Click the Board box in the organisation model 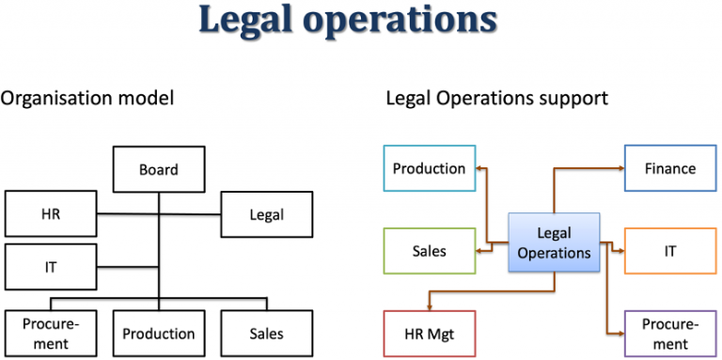(159, 170)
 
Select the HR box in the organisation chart (50, 214)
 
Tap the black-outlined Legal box (266, 214)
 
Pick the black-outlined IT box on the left (50, 267)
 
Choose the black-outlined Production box (159, 334)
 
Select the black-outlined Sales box (266, 334)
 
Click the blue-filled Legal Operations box (554, 243)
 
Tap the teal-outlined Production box (429, 169)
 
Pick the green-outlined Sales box (429, 252)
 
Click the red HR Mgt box (429, 334)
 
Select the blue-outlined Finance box (669, 169)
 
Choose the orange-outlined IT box (669, 252)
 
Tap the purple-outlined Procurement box (669, 334)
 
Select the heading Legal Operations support (496, 98)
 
